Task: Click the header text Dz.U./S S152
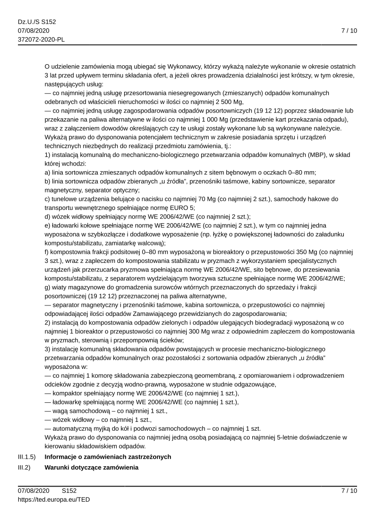37,22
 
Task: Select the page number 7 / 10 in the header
349,31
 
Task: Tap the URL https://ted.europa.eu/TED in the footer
54,499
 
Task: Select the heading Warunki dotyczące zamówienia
92,468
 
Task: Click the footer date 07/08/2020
34,491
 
